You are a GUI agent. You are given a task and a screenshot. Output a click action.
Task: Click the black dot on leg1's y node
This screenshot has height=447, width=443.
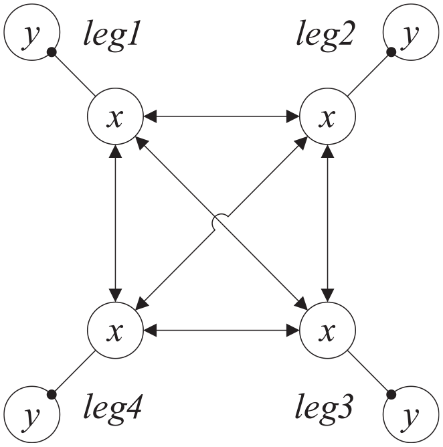point(52,52)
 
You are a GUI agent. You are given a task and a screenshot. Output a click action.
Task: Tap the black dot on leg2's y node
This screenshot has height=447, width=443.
point(391,52)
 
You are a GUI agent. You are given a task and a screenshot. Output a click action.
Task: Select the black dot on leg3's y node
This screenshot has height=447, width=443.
point(391,395)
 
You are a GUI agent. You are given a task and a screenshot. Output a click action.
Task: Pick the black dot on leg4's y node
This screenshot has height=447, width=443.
point(52,395)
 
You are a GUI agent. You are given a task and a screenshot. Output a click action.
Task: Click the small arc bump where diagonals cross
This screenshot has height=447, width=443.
point(217,217)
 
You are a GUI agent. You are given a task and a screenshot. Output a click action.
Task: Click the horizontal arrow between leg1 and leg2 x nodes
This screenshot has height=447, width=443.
point(221,116)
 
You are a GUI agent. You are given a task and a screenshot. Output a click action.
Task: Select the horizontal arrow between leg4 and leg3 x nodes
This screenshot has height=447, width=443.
point(221,330)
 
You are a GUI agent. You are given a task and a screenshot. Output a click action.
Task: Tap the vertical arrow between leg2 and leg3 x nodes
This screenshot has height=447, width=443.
point(327,223)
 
